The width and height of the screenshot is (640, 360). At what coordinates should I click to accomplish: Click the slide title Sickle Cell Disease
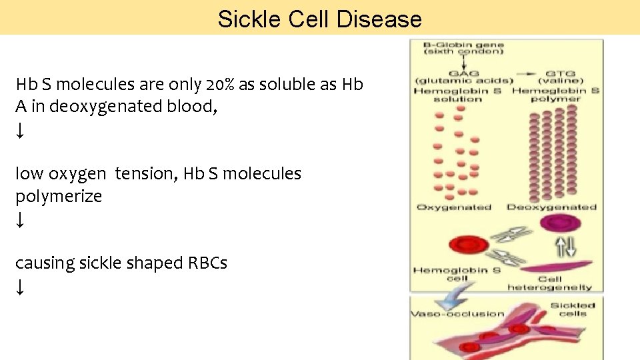coord(319,19)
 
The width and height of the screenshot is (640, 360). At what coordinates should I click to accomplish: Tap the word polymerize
coord(59,197)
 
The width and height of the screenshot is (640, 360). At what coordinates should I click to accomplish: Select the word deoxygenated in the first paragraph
coord(97,107)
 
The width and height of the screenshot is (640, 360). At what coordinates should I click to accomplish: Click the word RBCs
coord(209,263)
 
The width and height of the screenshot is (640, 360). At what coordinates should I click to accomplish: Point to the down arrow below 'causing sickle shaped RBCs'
coord(21,287)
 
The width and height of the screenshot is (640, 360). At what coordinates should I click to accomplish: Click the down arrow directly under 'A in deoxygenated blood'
coord(21,131)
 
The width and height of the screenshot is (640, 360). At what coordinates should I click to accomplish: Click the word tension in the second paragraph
coord(141,174)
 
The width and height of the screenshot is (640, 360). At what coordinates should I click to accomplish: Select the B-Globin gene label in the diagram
coord(464,45)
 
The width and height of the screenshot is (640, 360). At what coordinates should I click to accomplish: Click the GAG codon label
coord(458,74)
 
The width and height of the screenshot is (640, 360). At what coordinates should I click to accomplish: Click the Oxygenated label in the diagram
coord(453,207)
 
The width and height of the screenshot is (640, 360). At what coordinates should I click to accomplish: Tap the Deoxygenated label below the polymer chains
coord(551,207)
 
